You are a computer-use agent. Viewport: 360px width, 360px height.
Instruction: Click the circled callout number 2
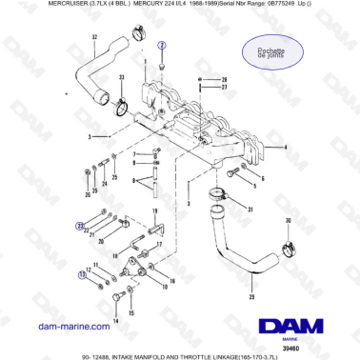[x=162, y=46]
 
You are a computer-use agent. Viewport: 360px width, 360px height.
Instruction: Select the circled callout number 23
[x=80, y=225]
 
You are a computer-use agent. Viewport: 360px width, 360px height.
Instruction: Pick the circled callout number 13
[x=81, y=273]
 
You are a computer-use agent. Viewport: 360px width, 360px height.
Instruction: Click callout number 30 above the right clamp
[x=289, y=222]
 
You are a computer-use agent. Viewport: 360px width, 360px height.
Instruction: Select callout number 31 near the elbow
[x=250, y=210]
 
